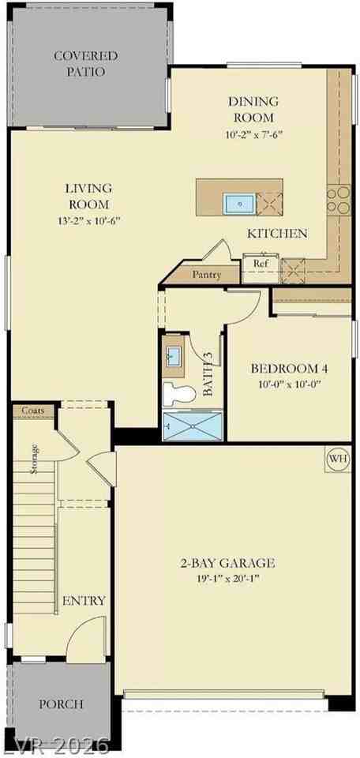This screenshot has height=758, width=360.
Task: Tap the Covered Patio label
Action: click(85, 64)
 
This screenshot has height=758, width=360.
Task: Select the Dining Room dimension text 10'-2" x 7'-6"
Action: click(253, 135)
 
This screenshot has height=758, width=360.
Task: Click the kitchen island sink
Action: click(238, 203)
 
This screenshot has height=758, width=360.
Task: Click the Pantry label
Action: click(207, 275)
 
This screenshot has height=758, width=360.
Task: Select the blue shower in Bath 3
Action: click(193, 426)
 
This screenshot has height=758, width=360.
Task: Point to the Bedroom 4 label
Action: click(290, 369)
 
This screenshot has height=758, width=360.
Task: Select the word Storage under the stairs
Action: click(34, 458)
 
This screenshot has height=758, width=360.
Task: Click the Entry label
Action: click(84, 601)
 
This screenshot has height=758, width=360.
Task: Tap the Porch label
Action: click(61, 704)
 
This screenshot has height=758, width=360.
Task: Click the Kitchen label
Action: click(277, 234)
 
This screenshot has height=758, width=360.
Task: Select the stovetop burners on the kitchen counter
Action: click(339, 200)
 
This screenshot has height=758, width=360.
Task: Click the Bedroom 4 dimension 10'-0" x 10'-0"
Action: click(290, 385)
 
